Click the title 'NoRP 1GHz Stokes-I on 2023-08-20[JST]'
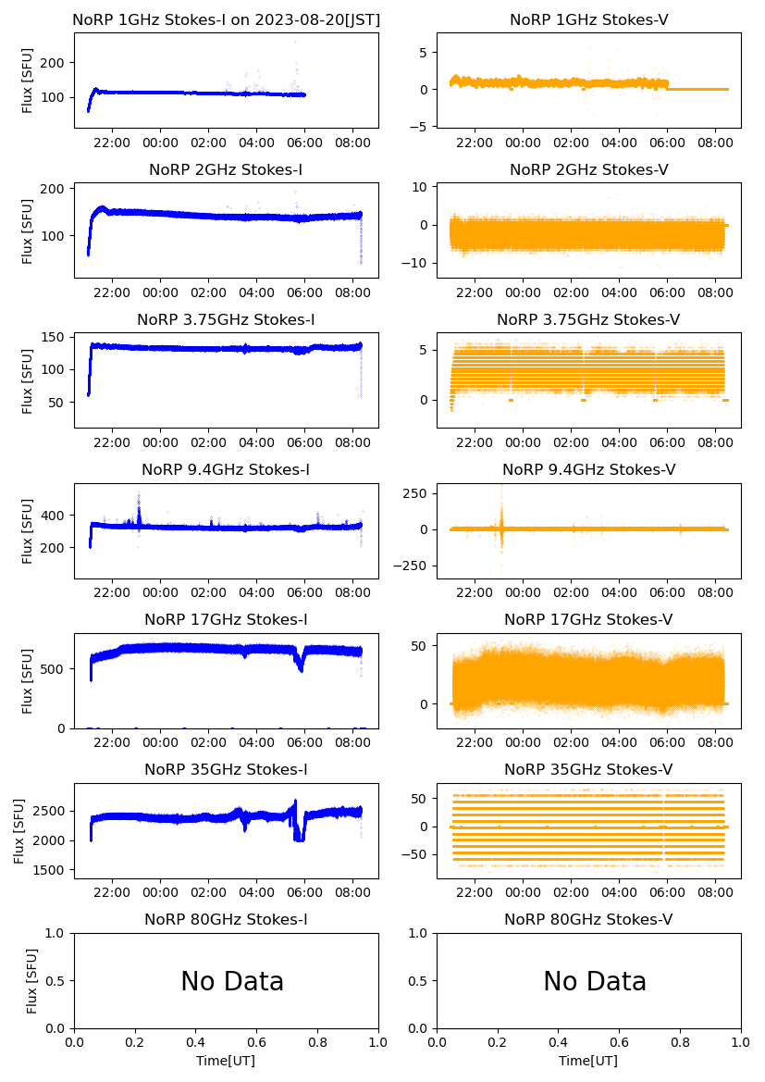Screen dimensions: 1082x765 [227, 19]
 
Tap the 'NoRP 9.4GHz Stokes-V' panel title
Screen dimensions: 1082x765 [589, 469]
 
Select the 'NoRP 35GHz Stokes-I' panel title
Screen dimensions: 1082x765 [227, 769]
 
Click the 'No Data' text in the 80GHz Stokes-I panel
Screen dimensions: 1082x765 [232, 981]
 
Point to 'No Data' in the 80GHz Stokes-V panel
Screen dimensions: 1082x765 [595, 981]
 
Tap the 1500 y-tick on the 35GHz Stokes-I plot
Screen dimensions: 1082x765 [52, 870]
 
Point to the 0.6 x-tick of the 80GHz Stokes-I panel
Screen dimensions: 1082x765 [256, 1041]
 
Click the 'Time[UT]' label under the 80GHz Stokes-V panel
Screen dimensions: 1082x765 [589, 1061]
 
